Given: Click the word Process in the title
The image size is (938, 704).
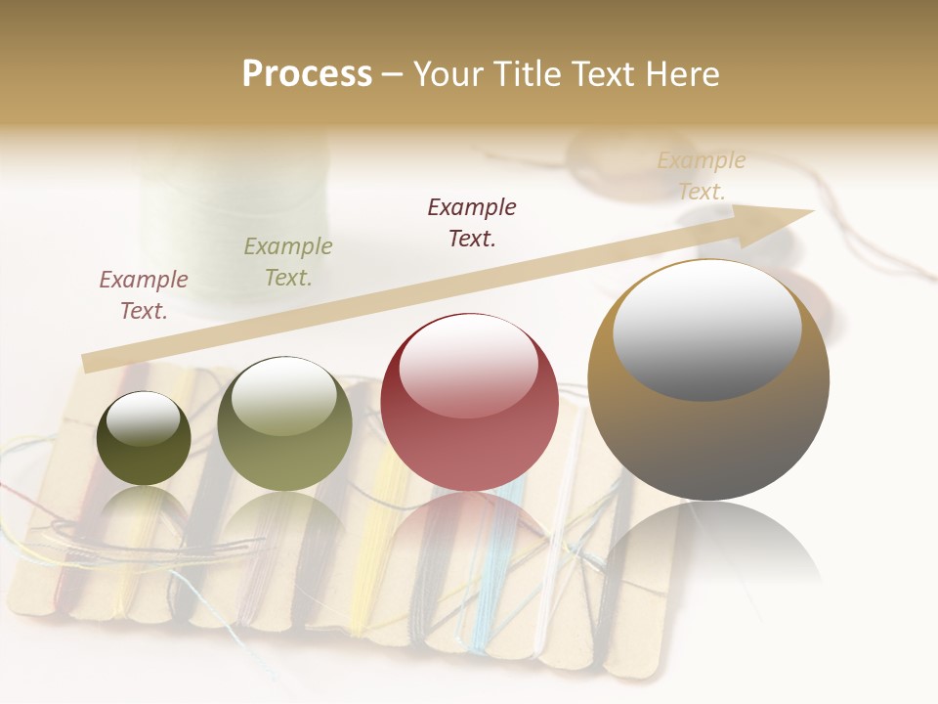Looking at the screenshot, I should (x=307, y=74).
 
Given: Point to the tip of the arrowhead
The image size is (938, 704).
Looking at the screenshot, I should (x=813, y=211).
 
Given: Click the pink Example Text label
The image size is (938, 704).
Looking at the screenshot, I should (x=144, y=294).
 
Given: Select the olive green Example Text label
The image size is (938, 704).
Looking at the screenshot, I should (x=287, y=261).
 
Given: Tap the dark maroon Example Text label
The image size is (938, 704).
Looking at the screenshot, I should (x=472, y=222).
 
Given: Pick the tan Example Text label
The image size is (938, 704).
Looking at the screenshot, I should (x=702, y=175).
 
